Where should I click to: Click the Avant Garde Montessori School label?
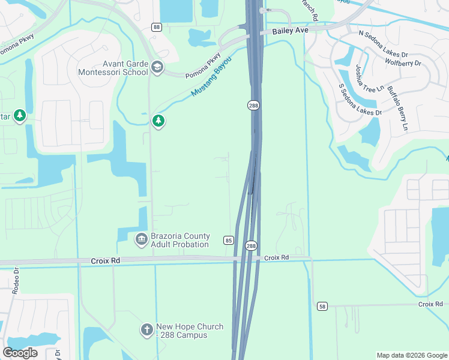tap(112, 68)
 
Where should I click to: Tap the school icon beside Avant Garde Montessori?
tap(157, 67)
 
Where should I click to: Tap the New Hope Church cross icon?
tap(146, 330)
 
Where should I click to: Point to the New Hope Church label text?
tap(190, 331)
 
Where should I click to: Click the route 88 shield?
tap(157, 27)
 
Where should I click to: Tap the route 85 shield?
tap(228, 241)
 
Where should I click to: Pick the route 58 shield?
tap(323, 307)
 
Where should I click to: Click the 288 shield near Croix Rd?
tap(251, 246)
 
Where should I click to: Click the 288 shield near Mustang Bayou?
tap(253, 105)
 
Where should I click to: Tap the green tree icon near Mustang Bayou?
tap(158, 121)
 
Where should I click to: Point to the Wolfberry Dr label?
tap(403, 62)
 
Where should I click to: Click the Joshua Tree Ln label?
tap(369, 79)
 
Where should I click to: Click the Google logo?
tap(20, 353)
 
